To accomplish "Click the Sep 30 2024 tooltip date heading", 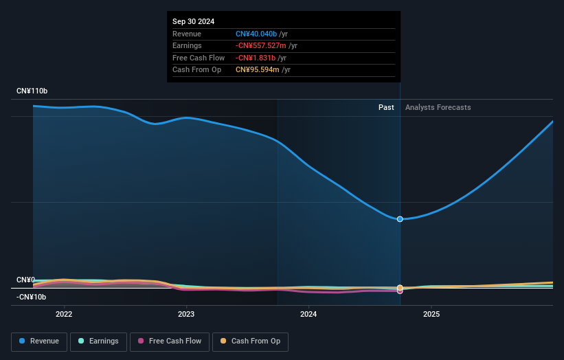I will click(193, 21).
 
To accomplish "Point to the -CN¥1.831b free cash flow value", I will click(255, 58).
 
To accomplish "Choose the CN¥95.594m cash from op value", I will click(257, 69).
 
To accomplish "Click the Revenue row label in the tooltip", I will click(186, 34).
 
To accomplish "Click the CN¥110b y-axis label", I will click(32, 91).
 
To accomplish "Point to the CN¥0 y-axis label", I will click(26, 280).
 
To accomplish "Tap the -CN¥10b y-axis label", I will click(32, 297).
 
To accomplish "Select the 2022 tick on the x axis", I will click(64, 315).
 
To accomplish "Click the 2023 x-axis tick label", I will click(186, 315).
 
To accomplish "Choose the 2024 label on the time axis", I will click(308, 315).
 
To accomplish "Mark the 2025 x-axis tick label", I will click(431, 315).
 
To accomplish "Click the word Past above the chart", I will click(386, 107).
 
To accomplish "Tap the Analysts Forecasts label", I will click(438, 107).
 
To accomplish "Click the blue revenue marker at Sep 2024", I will click(400, 219).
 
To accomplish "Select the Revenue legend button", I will click(39, 341).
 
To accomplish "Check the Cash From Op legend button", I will click(250, 341).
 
